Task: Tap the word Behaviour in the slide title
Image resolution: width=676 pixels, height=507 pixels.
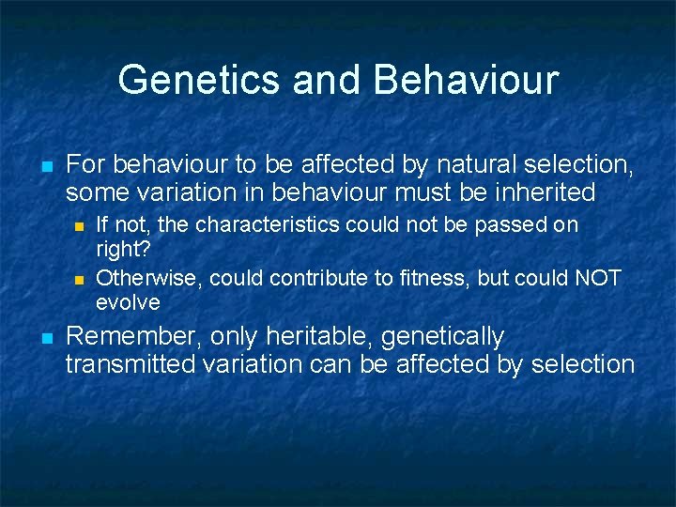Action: click(x=466, y=80)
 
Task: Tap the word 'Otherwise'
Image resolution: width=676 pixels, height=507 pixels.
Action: click(x=149, y=278)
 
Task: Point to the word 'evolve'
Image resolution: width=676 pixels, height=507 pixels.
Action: click(x=128, y=303)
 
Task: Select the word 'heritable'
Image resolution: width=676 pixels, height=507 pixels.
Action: click(x=314, y=336)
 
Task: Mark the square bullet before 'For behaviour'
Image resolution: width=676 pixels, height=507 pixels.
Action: click(x=46, y=167)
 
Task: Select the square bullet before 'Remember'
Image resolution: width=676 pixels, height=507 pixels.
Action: click(x=46, y=338)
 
